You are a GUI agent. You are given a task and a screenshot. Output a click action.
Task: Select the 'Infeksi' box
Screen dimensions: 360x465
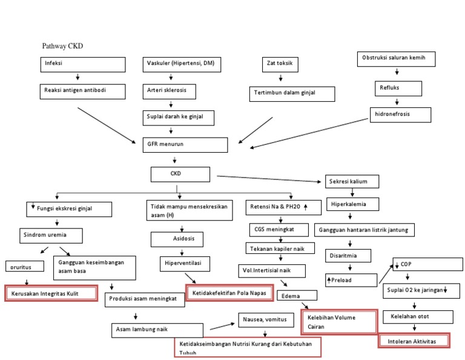[x=83, y=64]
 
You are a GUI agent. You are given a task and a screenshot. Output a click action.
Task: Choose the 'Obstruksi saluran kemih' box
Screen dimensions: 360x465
[x=397, y=59]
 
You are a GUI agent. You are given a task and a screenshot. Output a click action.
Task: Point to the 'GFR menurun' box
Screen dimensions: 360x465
[x=185, y=145]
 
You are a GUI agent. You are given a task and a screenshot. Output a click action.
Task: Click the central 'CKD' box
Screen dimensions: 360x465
[x=180, y=174]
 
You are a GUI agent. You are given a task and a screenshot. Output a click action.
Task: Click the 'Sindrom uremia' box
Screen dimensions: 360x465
[x=49, y=235]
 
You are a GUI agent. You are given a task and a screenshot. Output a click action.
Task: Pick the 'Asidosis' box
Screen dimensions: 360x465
[x=184, y=239]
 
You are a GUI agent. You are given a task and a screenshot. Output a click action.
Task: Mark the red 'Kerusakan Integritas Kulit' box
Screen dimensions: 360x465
[x=51, y=294]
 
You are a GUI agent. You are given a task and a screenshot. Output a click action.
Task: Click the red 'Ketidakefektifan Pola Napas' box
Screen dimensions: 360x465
[x=229, y=293]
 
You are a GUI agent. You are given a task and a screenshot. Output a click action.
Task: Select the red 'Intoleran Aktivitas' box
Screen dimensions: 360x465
[x=415, y=342]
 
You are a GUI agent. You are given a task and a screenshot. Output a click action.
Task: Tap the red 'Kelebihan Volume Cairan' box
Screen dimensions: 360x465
[x=339, y=321]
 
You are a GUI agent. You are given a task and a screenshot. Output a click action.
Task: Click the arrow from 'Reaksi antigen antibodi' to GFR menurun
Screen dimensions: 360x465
[x=107, y=125]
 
